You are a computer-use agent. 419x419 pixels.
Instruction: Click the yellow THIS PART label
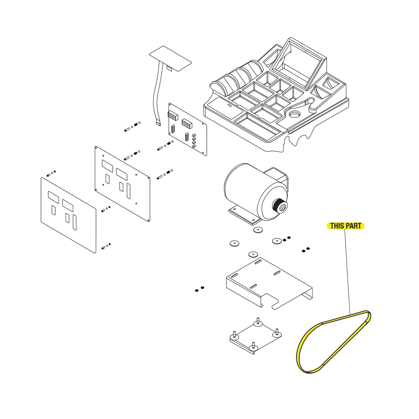point(345,226)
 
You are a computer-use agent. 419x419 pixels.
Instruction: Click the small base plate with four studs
point(255,336)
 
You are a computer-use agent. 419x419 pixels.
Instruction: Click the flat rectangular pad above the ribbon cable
point(170,58)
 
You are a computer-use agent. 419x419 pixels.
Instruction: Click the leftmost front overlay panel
point(68,215)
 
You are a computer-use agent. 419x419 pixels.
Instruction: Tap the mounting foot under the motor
point(244,216)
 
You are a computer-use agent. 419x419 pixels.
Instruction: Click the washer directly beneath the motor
point(258,230)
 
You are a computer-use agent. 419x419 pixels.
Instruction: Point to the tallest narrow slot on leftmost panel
point(75,222)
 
